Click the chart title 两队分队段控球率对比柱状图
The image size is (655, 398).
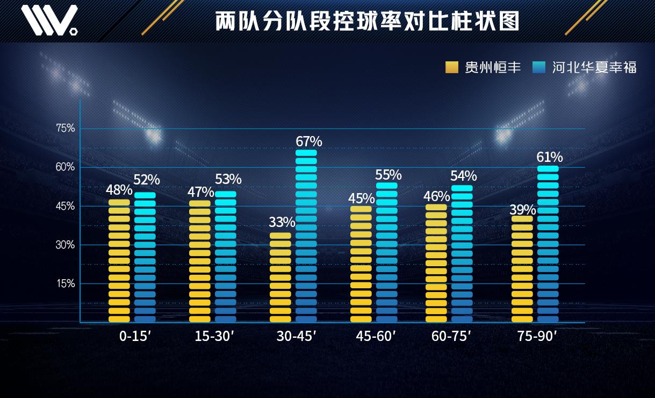pos(368,22)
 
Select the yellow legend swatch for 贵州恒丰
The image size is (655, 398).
pos(451,67)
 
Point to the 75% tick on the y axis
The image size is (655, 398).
pos(66,128)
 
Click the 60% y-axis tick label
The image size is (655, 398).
pos(66,167)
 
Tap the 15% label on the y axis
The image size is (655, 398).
pos(66,283)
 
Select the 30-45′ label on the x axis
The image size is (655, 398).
pos(296,337)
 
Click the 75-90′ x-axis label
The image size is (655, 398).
pos(537,337)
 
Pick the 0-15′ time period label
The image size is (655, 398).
pos(135,337)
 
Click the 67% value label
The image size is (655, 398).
pos(309,141)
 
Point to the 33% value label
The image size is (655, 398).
pos(282,222)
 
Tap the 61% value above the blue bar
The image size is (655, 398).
pos(550,157)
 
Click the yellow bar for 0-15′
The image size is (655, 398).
pos(119,261)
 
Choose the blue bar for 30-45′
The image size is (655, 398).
pos(306,236)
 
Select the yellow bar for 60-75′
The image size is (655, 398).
pos(436,263)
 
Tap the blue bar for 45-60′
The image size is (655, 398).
pos(387,252)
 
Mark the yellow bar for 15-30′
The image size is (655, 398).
pos(200,261)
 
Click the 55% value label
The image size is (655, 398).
pos(388,175)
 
